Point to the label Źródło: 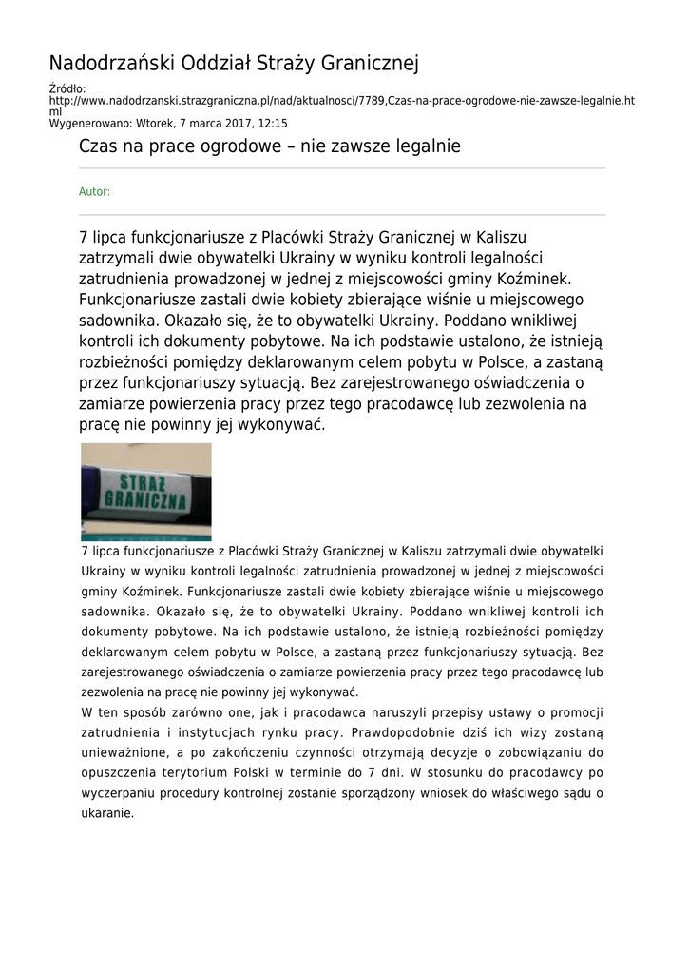click(x=67, y=89)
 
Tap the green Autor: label click(x=94, y=191)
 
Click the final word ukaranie click(x=106, y=813)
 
